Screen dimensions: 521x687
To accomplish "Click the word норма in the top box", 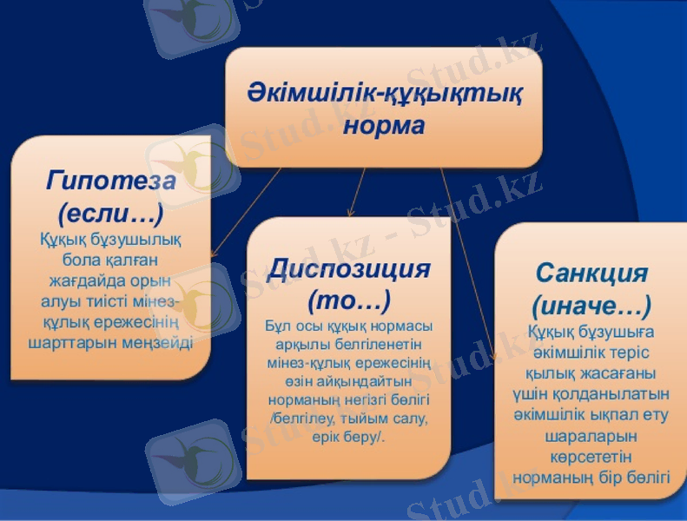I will (x=384, y=126).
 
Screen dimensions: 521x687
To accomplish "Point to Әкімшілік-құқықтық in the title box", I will (x=384, y=90).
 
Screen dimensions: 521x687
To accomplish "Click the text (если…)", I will (x=110, y=211).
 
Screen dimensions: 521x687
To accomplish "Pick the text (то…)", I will (x=349, y=300).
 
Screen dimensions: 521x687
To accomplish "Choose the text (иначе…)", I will (x=591, y=306).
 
